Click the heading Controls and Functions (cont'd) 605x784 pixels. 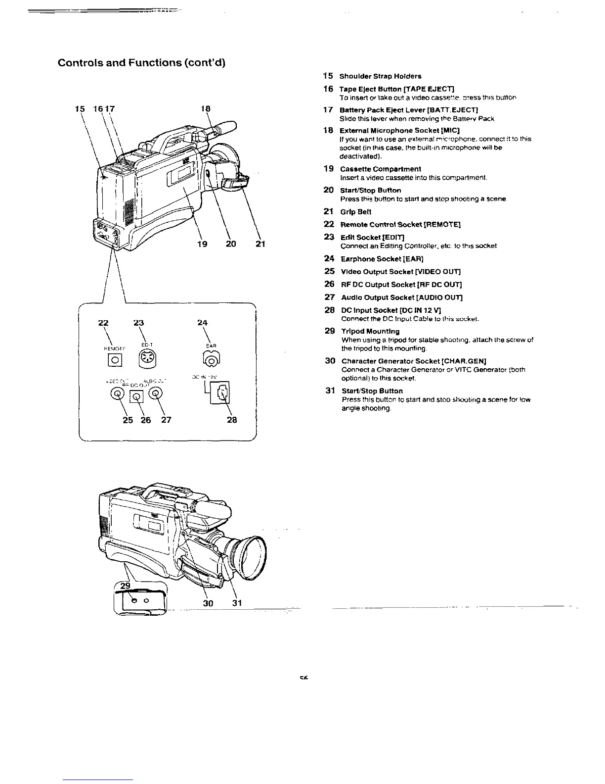click(141, 63)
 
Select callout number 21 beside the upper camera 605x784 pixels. click(261, 244)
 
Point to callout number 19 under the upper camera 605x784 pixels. click(202, 244)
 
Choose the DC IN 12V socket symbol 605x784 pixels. click(222, 393)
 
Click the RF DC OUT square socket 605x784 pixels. click(137, 395)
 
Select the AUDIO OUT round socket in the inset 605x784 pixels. click(155, 393)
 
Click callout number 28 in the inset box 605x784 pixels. click(231, 420)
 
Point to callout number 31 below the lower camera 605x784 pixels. click(237, 603)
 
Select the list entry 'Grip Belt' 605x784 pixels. click(356, 212)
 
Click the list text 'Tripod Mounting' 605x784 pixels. click(370, 331)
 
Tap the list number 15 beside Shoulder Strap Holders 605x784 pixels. click(328, 76)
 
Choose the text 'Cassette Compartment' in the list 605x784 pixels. click(381, 169)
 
